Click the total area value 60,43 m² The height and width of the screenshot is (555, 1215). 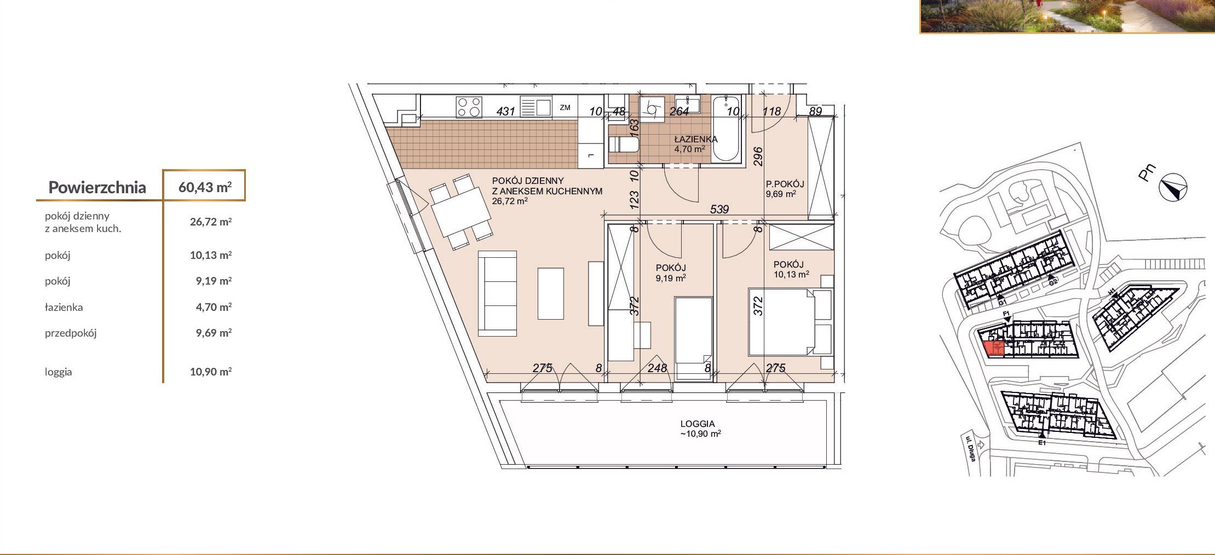coord(205,187)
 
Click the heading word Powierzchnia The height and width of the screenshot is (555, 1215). coord(97,187)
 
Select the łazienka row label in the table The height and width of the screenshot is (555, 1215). coord(64,307)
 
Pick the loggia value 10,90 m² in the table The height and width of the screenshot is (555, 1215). coord(211,372)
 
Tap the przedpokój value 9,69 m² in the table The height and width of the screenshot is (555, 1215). coord(214,333)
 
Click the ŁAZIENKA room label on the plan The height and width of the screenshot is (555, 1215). coord(695,139)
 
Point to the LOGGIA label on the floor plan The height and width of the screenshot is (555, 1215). coord(698,424)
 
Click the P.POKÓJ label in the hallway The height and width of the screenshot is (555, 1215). coord(785,184)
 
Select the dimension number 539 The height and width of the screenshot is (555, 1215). coord(719,209)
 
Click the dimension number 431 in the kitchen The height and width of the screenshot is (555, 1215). coord(505,111)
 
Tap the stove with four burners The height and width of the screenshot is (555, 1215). coord(469,107)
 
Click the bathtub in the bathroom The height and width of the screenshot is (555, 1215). coord(726,129)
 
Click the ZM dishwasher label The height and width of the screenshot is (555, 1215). coord(565,108)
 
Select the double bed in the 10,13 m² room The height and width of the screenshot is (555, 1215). coord(790,322)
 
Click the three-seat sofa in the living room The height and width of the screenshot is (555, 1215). coord(497,293)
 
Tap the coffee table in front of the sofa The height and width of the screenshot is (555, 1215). coord(551,293)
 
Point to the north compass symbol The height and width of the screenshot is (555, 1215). coord(1173,188)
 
